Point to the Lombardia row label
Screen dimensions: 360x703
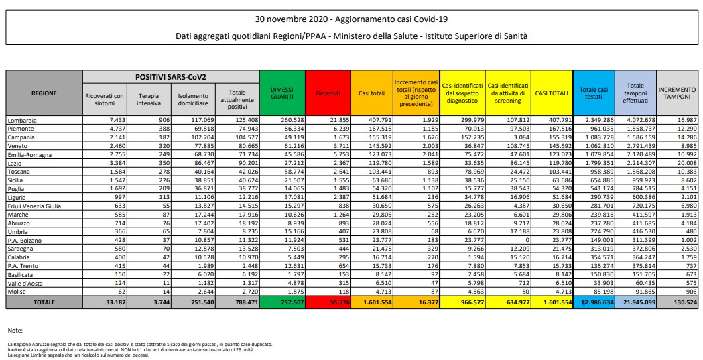coord(23,120)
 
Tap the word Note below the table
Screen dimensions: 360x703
coord(15,331)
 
